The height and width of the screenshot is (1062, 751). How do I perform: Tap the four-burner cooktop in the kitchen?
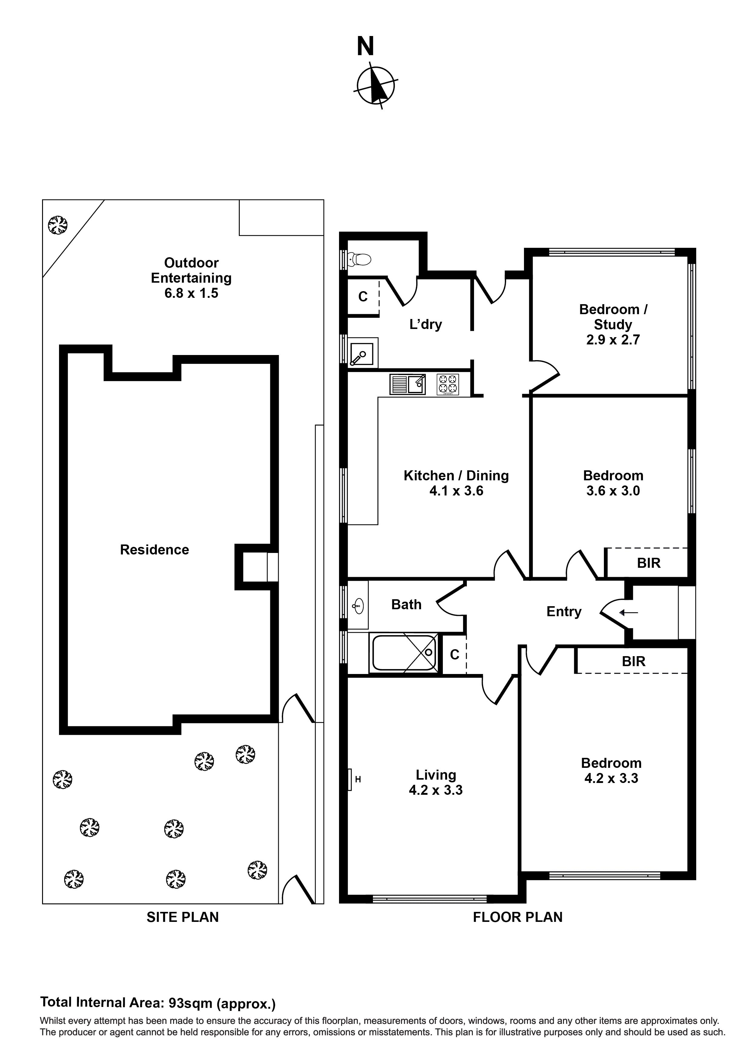[x=447, y=384]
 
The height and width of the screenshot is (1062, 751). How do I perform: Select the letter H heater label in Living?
[x=358, y=779]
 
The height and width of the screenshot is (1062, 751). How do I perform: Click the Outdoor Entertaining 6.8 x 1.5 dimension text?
[x=191, y=293]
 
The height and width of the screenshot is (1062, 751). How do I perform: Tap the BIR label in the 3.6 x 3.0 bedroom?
[x=648, y=563]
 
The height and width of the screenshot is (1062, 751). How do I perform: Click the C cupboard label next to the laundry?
[x=363, y=297]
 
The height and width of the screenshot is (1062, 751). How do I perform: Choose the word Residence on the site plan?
[x=155, y=550]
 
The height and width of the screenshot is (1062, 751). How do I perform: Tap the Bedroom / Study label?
[x=613, y=317]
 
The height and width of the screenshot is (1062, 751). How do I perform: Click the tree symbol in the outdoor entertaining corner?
[x=58, y=225]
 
